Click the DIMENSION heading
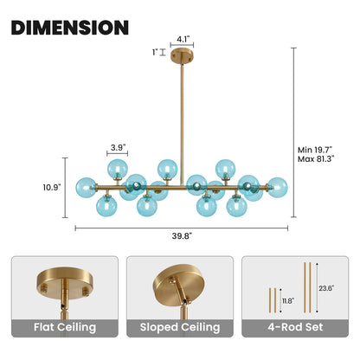70,28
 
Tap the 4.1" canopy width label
183,39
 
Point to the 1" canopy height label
155,52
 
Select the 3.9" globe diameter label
119,148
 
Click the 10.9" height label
52,188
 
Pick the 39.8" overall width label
182,236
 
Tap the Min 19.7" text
315,150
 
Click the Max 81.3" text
316,158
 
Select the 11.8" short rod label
288,301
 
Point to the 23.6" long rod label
326,288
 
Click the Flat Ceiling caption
65,327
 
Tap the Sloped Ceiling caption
180,327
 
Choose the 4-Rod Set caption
295,327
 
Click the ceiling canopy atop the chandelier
182,55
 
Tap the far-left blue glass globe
86,188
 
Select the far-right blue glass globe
278,188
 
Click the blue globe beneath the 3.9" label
118,170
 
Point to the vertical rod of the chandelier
182,125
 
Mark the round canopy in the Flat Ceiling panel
65,282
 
